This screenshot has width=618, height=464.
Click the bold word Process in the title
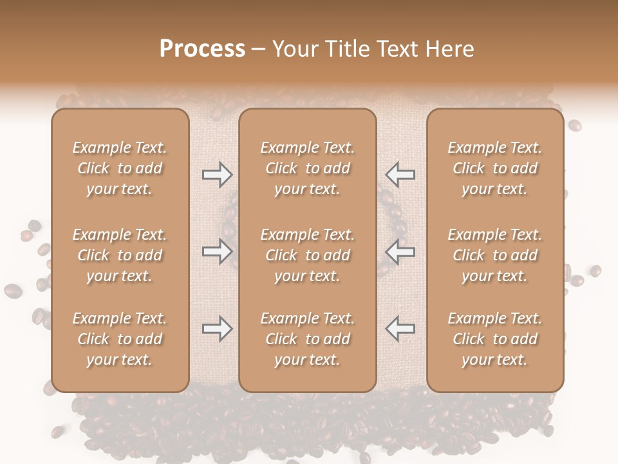coord(202,49)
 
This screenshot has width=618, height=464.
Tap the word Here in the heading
coord(450,49)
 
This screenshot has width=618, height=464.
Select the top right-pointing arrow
coord(217,175)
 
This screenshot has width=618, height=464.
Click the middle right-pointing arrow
coord(217,251)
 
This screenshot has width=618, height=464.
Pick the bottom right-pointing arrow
coord(217,329)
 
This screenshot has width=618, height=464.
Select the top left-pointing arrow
coord(400,175)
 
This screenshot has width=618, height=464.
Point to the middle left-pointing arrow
coord(400,251)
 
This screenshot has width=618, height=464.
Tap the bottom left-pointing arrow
coord(400,329)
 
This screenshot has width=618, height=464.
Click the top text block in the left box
coord(120,168)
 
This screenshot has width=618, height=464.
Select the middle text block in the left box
coord(120,255)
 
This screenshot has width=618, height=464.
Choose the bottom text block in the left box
coord(120,339)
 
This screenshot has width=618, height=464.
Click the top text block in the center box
coord(307,168)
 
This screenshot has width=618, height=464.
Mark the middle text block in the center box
coord(307,255)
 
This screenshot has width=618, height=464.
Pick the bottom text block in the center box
coord(307,339)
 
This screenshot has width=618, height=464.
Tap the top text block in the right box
coord(495,168)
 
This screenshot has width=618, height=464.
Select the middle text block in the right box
coord(495,255)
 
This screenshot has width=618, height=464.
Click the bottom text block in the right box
coord(495,339)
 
